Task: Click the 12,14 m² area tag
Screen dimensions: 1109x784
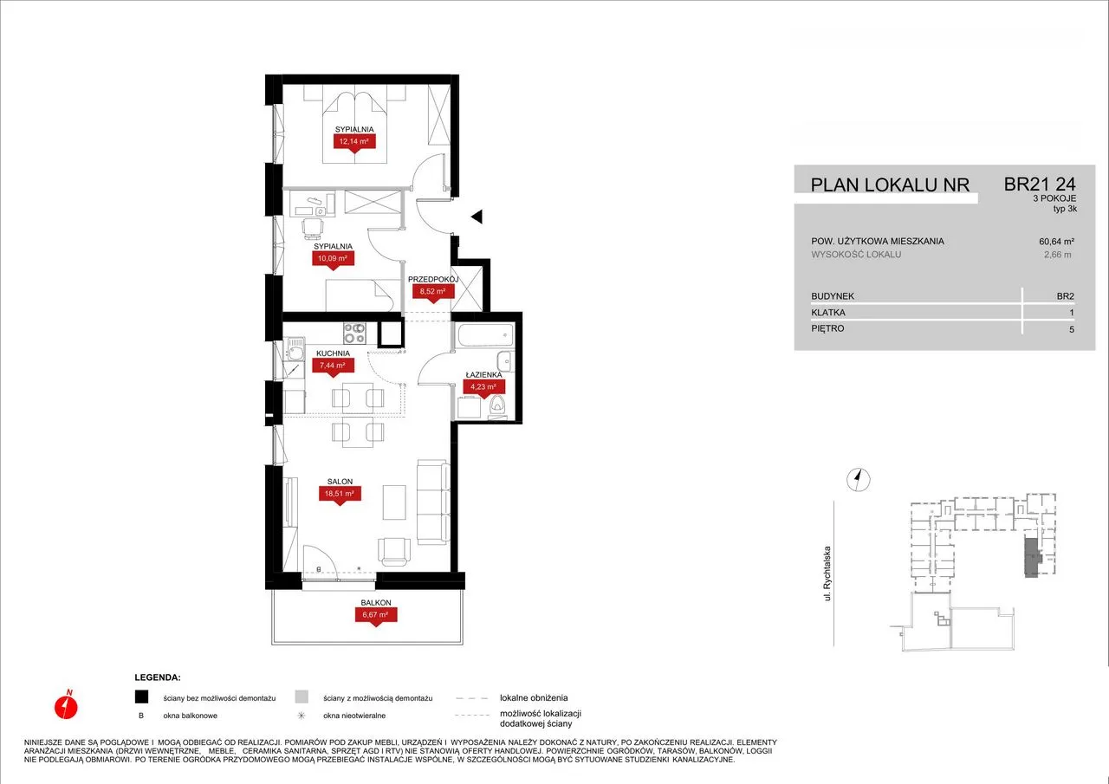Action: click(354, 142)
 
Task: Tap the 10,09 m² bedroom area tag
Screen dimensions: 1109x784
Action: click(333, 258)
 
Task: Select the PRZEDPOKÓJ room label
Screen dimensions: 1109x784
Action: click(433, 279)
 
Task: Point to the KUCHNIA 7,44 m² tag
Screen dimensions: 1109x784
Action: click(332, 366)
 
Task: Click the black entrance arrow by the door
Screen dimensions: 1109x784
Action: click(477, 217)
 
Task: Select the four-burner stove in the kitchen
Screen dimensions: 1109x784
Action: click(354, 334)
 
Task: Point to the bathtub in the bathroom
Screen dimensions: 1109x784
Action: click(485, 335)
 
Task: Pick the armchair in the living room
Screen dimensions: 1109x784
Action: click(394, 551)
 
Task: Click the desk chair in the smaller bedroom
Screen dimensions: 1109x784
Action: click(313, 228)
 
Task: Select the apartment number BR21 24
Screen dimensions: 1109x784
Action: click(1040, 185)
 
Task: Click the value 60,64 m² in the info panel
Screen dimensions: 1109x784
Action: click(1056, 242)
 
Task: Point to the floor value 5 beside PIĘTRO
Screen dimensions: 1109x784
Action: click(1072, 329)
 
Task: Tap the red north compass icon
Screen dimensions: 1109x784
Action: click(66, 705)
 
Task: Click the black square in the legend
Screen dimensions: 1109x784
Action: click(141, 697)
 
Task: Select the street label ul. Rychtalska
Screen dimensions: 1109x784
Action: click(827, 573)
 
